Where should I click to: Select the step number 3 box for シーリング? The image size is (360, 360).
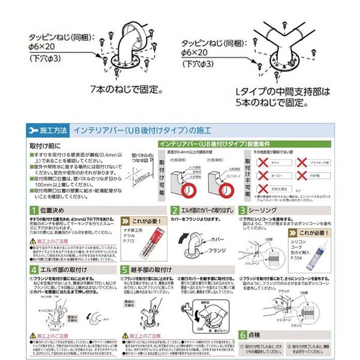242,211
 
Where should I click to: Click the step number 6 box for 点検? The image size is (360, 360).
242,335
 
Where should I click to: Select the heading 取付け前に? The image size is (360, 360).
43,146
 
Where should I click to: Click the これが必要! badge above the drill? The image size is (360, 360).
143,220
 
